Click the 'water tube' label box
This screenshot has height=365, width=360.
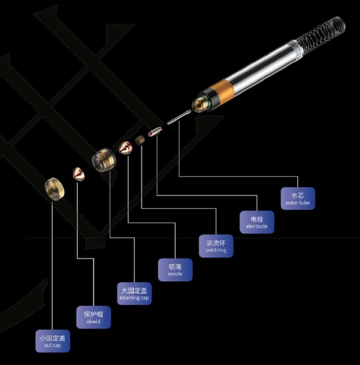tap(298, 198)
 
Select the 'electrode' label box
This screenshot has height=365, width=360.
tap(257, 222)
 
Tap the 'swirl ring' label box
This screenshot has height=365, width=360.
tap(216, 246)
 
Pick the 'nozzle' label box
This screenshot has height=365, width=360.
tap(175, 270)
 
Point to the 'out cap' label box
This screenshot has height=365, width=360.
tap(53, 341)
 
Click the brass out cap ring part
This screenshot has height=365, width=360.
tap(55, 188)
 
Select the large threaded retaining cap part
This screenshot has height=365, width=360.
tap(104, 159)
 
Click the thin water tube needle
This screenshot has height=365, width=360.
tap(180, 116)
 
